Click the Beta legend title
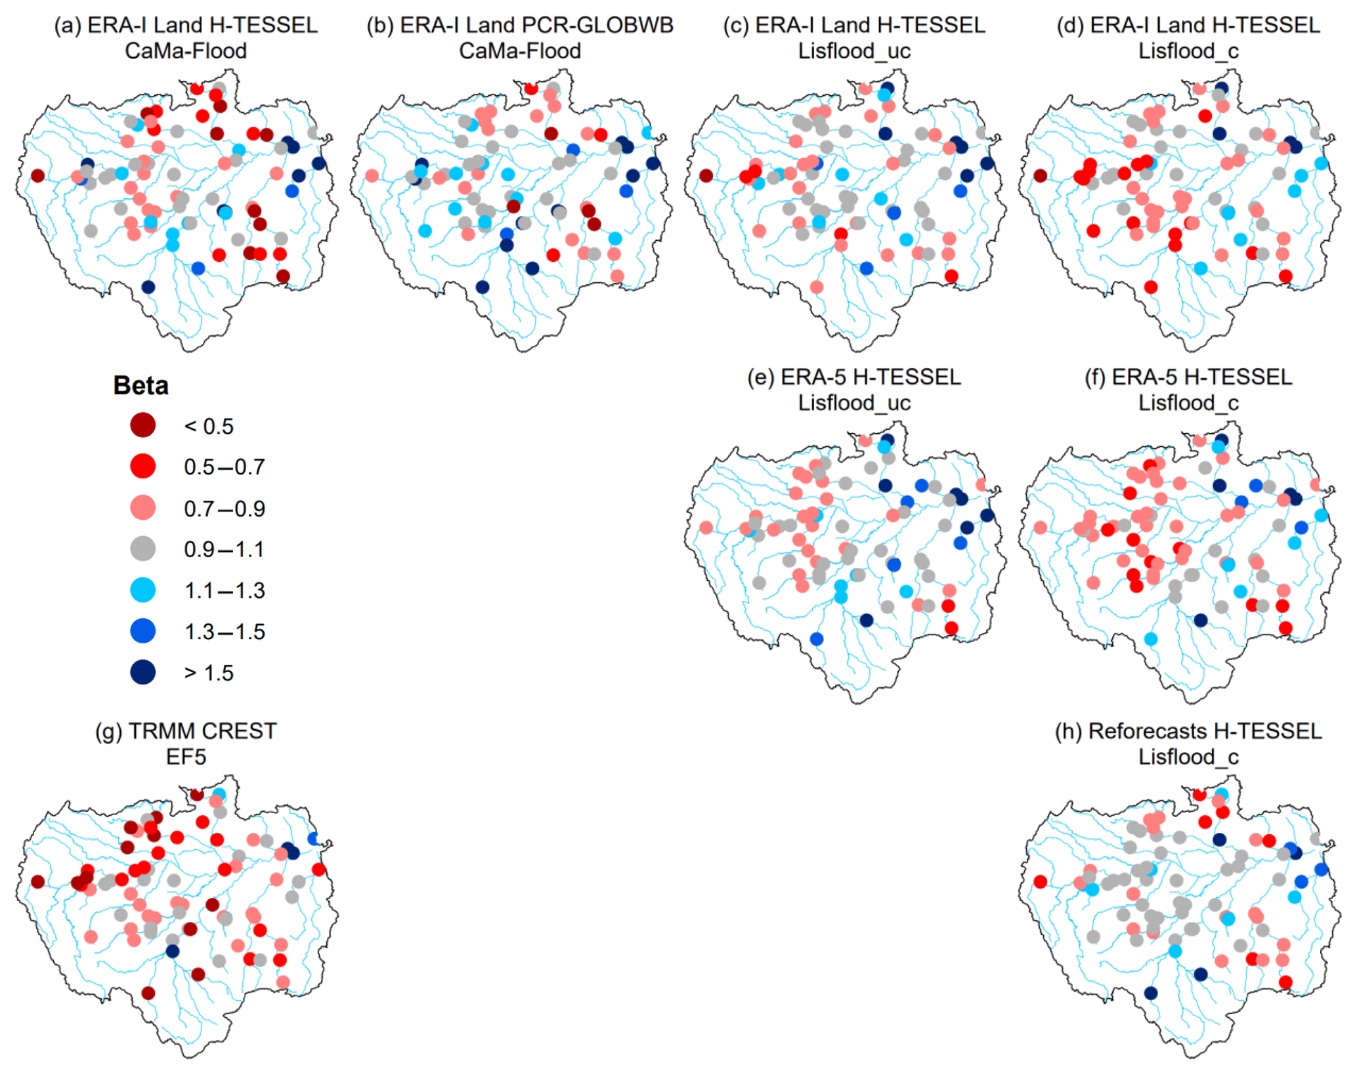click(140, 385)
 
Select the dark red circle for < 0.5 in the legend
click(142, 425)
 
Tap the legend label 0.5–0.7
click(225, 467)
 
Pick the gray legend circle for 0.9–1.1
click(142, 549)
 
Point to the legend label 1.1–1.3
click(225, 590)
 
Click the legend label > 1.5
click(209, 673)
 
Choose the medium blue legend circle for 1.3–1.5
click(142, 631)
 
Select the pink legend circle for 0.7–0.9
click(142, 507)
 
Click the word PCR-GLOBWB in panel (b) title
click(536, 25)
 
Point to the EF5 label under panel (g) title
click(186, 757)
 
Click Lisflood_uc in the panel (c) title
click(854, 51)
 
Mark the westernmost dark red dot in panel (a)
click(38, 176)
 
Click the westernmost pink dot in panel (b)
click(372, 176)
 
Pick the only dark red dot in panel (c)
click(706, 176)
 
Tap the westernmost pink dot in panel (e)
click(706, 528)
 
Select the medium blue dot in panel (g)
click(313, 838)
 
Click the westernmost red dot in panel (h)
click(1040, 881)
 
